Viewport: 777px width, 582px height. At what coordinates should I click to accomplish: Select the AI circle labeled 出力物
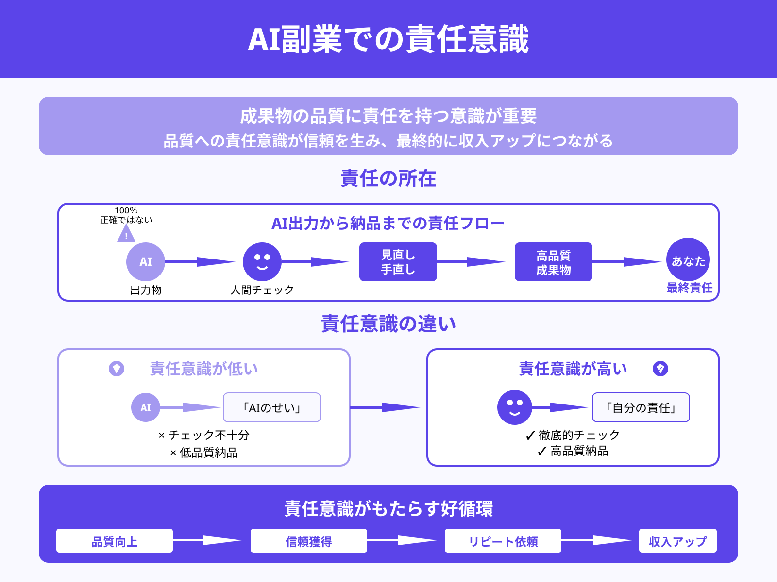tap(146, 262)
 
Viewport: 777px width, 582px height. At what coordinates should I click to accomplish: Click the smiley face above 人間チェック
tap(262, 262)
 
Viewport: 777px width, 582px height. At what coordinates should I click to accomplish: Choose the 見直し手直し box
tap(398, 262)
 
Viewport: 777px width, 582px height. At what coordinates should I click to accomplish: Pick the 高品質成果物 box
tap(554, 262)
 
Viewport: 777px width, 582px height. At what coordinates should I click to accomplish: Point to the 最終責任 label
tap(689, 288)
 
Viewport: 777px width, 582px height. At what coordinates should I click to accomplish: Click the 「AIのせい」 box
tap(272, 407)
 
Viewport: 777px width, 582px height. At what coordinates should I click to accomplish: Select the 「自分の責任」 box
tap(641, 407)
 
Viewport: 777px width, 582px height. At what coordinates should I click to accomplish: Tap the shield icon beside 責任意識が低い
tap(117, 369)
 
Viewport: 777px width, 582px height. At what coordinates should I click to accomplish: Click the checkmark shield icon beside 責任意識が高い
tap(660, 369)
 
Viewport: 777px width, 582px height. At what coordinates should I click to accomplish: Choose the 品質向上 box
tap(115, 541)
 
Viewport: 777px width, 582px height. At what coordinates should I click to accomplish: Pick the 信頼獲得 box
tap(309, 541)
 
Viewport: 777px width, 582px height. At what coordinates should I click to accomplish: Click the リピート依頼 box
tap(503, 541)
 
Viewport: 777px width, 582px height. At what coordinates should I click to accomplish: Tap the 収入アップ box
tap(678, 541)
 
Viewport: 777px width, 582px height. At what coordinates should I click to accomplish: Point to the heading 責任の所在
tap(388, 178)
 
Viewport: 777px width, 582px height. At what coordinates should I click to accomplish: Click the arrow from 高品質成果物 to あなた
tap(626, 262)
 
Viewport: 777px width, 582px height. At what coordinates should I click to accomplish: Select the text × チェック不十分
tap(204, 435)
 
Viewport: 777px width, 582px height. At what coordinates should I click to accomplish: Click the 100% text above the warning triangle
tap(126, 210)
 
